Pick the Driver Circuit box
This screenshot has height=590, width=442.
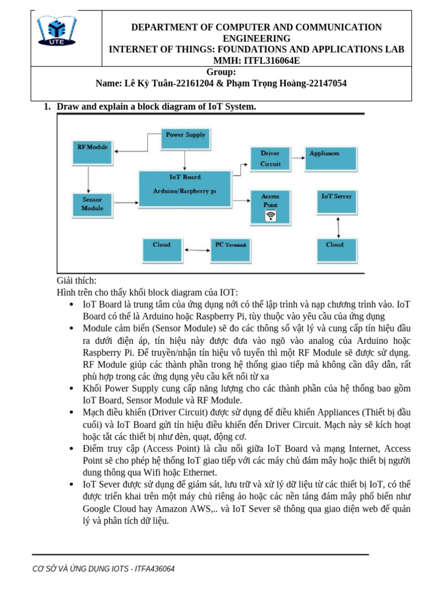coord(270,158)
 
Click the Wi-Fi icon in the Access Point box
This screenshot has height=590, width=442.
coord(270,217)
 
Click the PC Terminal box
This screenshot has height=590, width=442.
coord(231,249)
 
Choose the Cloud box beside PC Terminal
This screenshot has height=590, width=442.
coord(162,249)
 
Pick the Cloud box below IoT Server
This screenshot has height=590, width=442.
coord(335,249)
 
